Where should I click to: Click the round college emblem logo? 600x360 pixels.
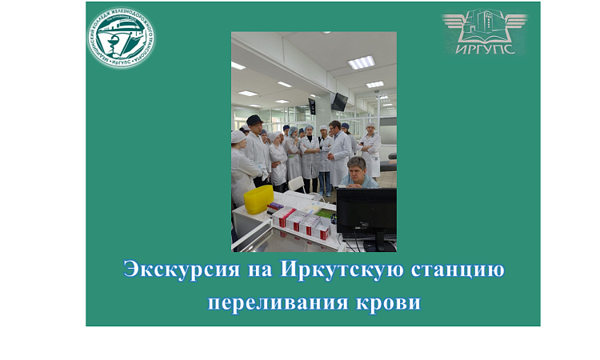click(122, 38)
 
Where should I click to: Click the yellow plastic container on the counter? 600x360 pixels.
click(258, 199)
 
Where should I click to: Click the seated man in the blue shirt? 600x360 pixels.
click(358, 173)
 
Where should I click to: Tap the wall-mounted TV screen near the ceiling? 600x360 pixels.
click(339, 102)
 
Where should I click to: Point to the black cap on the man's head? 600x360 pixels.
click(254, 119)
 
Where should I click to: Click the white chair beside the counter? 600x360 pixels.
click(296, 183)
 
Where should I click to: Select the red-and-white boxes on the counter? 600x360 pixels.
click(301, 221)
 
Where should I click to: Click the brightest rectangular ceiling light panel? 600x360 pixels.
click(361, 62)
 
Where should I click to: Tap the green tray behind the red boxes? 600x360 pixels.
click(325, 214)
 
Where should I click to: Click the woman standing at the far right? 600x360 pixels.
click(370, 150)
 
